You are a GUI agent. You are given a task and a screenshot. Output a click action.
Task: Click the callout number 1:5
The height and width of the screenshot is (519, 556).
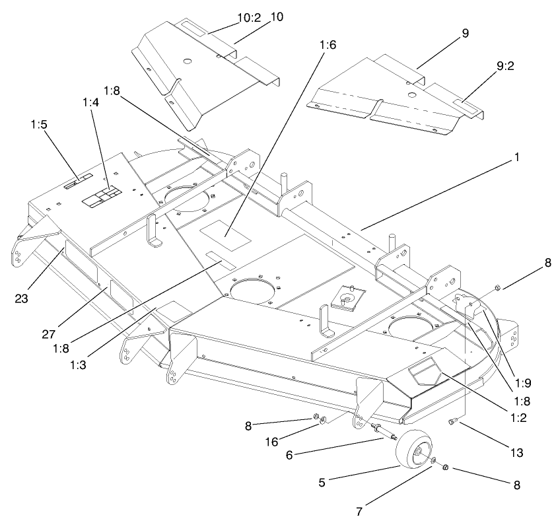point(40,123)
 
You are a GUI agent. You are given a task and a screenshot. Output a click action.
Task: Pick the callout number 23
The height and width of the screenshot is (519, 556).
point(23,297)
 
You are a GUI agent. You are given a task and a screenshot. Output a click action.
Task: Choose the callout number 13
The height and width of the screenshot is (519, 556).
point(516,453)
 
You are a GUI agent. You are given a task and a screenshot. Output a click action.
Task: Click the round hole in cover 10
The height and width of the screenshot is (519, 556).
point(188,61)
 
